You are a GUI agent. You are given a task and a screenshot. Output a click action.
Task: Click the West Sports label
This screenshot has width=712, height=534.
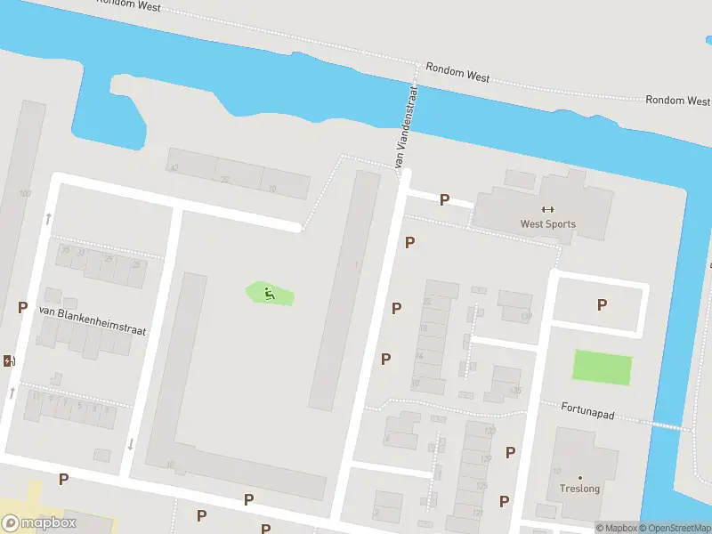(x=547, y=224)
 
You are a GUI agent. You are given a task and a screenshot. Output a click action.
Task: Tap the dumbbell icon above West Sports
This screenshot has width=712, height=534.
(x=547, y=210)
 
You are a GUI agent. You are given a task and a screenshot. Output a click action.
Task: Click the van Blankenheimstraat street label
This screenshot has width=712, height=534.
(x=92, y=320)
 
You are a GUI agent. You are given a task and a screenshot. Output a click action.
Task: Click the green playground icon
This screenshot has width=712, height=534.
(x=268, y=293)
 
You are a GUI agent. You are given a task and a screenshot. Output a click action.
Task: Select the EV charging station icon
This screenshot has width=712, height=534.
(x=9, y=360)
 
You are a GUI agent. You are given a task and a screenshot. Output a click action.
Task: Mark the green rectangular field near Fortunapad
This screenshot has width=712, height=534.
(x=602, y=368)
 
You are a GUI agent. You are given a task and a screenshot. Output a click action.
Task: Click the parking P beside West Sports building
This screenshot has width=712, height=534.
(x=444, y=200)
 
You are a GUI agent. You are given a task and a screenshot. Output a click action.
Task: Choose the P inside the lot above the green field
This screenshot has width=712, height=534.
(x=602, y=305)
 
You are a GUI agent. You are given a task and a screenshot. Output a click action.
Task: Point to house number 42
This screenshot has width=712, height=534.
(x=174, y=167)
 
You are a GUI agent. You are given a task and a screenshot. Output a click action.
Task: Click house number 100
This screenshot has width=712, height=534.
(x=24, y=193)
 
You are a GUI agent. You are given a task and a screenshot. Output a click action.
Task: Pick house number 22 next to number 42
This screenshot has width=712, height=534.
(x=225, y=179)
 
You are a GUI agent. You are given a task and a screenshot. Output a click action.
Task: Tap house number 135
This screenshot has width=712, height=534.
(x=514, y=390)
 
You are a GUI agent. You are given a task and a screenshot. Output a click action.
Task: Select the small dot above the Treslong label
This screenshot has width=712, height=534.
(x=579, y=478)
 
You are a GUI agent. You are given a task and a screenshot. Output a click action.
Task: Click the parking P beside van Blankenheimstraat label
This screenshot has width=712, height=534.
(x=22, y=307)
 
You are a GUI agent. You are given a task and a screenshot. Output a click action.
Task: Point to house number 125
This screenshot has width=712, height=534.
(x=481, y=486)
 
